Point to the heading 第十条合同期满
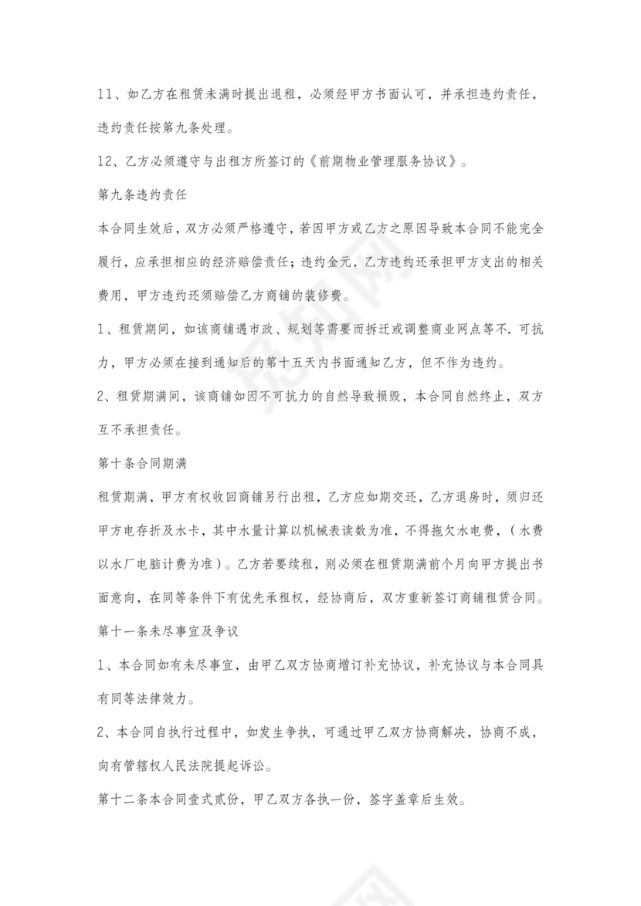click(x=139, y=465)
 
